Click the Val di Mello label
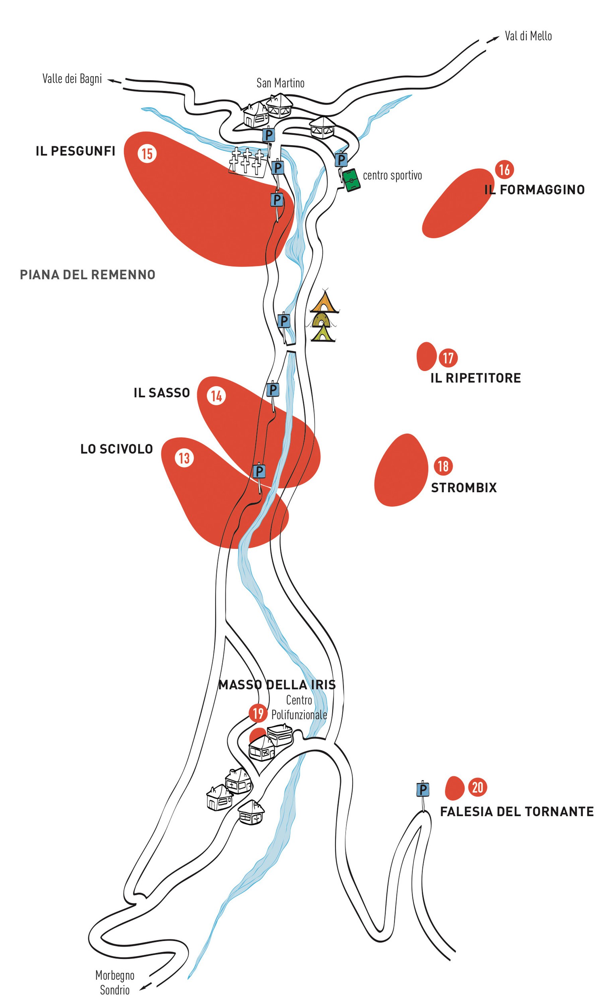coord(528,36)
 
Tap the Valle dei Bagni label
coord(72,78)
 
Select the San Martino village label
coord(280,83)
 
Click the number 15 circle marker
coord(147,154)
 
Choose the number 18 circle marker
coord(443,466)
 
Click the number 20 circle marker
coord(477,787)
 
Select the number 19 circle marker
coord(258,714)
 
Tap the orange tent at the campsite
coord(324,301)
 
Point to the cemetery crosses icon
coord(247,161)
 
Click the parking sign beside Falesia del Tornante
coord(423,790)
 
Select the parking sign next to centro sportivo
coord(341,159)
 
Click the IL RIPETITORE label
coord(475,378)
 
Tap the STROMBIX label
coord(464,488)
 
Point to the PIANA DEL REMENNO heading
coord(87,275)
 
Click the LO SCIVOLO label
coord(116,449)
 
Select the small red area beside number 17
coord(426,356)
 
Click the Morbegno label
coord(115,975)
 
